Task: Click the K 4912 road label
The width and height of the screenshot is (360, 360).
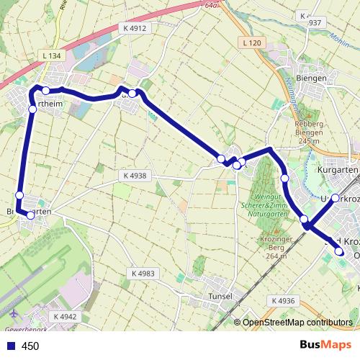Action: tap(135, 28)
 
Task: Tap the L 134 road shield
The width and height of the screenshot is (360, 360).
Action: tap(52, 55)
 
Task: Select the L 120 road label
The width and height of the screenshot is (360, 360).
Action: tap(251, 42)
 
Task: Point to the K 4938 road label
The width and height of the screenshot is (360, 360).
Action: tap(134, 175)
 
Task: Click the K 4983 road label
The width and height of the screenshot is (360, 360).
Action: tap(143, 274)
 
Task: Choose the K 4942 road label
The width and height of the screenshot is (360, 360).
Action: tap(64, 316)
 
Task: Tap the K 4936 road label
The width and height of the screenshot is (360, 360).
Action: tap(284, 300)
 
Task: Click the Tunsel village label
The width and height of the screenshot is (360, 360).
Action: tap(217, 296)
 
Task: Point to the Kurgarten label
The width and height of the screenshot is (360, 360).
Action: tap(338, 170)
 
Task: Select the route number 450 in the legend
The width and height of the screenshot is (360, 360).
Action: tap(30, 346)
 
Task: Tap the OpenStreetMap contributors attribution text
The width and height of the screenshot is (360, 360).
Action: tap(297, 323)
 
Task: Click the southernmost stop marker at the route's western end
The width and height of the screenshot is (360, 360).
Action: tap(30, 215)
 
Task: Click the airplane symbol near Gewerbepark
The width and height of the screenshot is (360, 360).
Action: tap(14, 314)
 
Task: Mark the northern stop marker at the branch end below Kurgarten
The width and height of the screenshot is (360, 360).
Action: tap(335, 197)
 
